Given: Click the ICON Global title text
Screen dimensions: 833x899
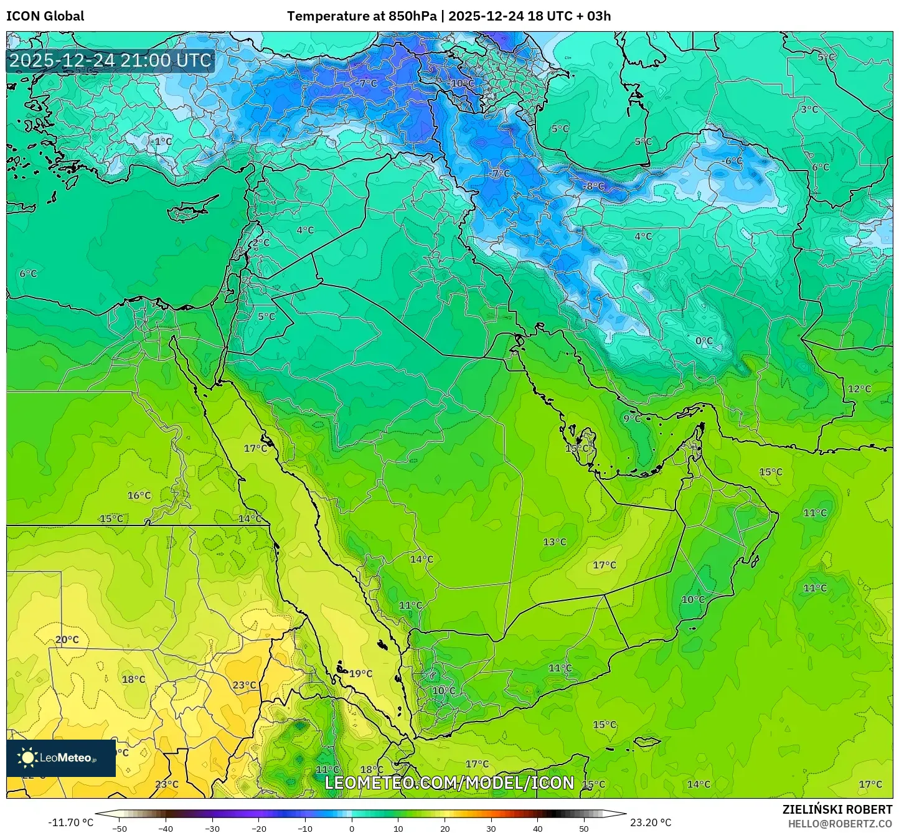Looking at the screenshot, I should pos(45,16).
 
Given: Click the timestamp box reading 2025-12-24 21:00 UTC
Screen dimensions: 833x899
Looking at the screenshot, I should pos(110,60).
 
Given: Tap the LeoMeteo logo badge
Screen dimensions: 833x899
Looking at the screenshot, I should pos(61,758).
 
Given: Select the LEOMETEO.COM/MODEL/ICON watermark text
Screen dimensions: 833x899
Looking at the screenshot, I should pos(449,783).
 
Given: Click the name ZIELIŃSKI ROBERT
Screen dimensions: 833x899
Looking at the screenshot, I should pos(837,809).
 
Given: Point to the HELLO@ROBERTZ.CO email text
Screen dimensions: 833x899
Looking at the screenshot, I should pos(840,823).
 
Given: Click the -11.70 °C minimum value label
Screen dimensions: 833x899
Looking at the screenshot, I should pos(70,822).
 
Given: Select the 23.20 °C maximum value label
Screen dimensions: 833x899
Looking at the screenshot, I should pos(651,822).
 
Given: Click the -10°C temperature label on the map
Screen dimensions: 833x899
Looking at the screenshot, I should pos(461,83).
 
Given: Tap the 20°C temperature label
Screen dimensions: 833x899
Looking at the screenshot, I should pos(67,639).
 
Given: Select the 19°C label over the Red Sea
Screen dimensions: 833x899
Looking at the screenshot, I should pos(360,674).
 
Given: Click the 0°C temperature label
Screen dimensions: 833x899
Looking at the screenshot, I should pos(704,341).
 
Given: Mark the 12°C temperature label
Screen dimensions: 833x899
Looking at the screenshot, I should pos(859,389).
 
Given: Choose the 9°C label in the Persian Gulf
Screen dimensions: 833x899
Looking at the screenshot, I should pos(632,418).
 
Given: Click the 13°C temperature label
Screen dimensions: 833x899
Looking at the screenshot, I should pos(554,542).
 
